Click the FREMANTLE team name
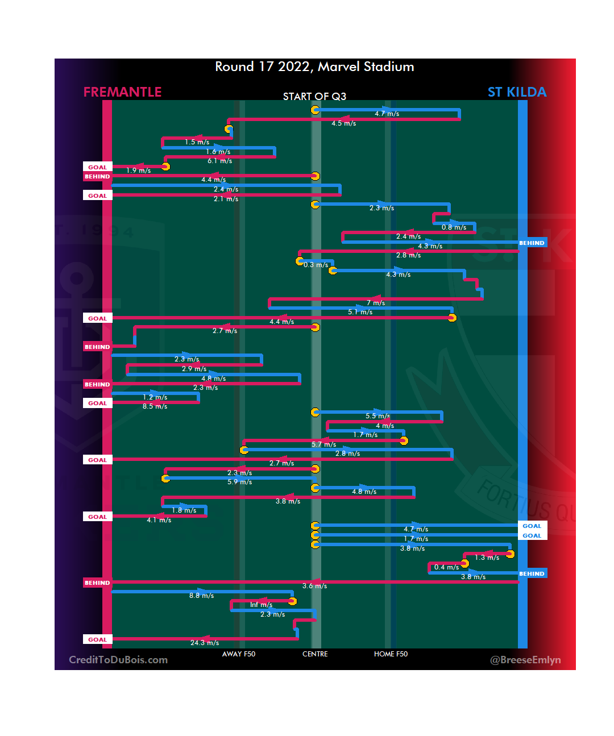122,92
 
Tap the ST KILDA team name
517,92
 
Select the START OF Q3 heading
314,97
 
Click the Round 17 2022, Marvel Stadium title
314,66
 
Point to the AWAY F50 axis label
239,654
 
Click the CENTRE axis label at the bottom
315,654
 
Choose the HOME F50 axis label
391,654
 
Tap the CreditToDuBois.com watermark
118,660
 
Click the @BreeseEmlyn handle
525,660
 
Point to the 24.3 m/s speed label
205,643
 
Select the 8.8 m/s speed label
202,596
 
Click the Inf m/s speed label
261,605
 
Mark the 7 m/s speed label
376,303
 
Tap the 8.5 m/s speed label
155,406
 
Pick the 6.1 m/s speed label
219,161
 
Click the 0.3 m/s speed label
316,265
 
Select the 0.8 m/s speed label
454,227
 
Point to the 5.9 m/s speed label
239,482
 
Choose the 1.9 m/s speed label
138,171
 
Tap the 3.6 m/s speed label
314,586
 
